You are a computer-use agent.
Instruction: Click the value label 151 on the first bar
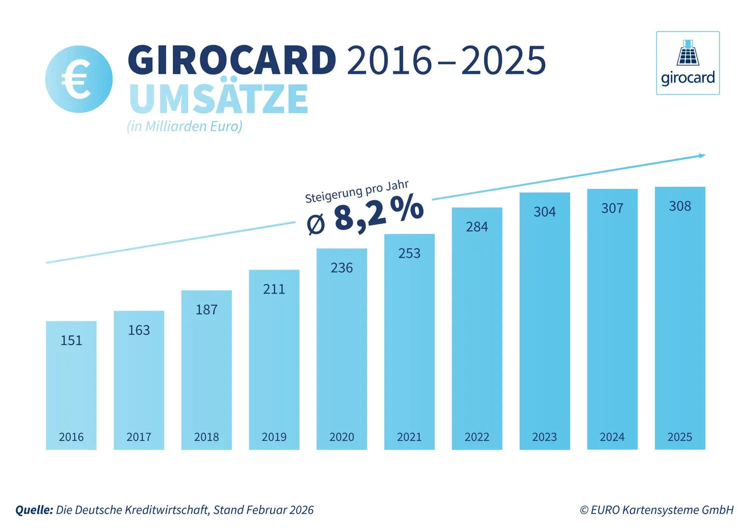71,340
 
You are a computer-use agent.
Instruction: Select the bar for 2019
274,360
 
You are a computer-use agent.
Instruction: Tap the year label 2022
477,437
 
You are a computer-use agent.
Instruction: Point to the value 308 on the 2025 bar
679,206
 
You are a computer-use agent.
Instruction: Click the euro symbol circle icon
79,79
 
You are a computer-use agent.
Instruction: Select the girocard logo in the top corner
687,63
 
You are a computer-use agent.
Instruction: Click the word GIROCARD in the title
232,60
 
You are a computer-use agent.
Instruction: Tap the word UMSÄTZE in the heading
218,99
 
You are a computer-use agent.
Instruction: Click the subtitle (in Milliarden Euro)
184,126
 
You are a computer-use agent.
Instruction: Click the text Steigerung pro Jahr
356,191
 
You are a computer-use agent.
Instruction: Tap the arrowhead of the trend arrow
702,156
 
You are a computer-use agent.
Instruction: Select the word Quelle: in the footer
34,510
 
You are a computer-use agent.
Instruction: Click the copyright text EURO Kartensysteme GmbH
656,510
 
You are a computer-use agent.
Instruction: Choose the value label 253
409,253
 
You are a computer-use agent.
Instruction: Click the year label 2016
71,437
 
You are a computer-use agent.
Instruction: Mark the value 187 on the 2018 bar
206,310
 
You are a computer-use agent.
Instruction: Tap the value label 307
612,208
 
